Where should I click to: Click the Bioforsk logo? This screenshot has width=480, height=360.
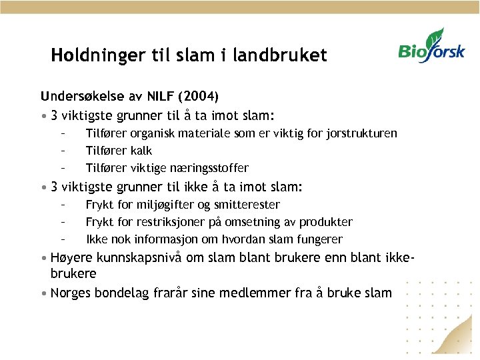coord(431,47)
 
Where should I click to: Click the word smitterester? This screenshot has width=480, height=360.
coord(246,205)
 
